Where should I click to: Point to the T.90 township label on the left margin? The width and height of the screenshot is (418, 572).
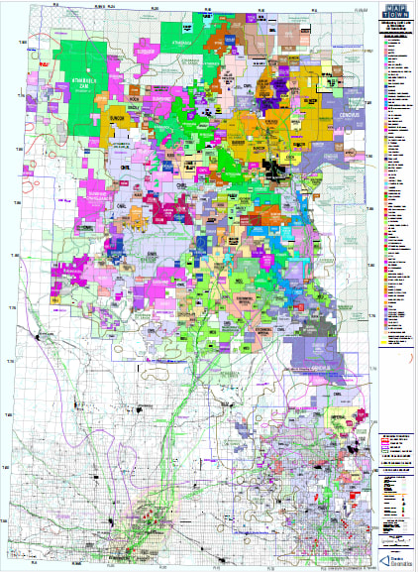(x=19, y=204)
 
